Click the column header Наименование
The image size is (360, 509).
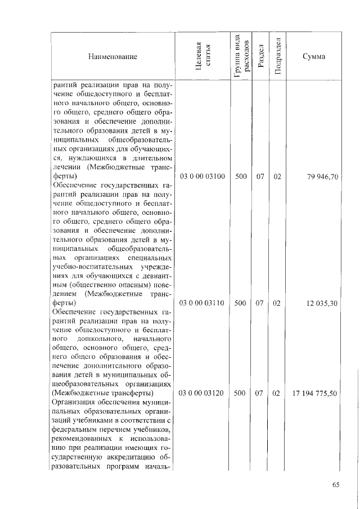[x=112, y=56]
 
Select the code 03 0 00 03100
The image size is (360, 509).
[x=202, y=177]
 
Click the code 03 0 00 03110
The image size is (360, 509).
[x=202, y=303]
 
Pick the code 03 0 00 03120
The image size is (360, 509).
[x=202, y=394]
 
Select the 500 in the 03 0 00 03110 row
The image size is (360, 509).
[x=241, y=303]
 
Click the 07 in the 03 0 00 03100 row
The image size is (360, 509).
[x=260, y=177]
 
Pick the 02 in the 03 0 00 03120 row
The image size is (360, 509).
[x=276, y=394]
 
